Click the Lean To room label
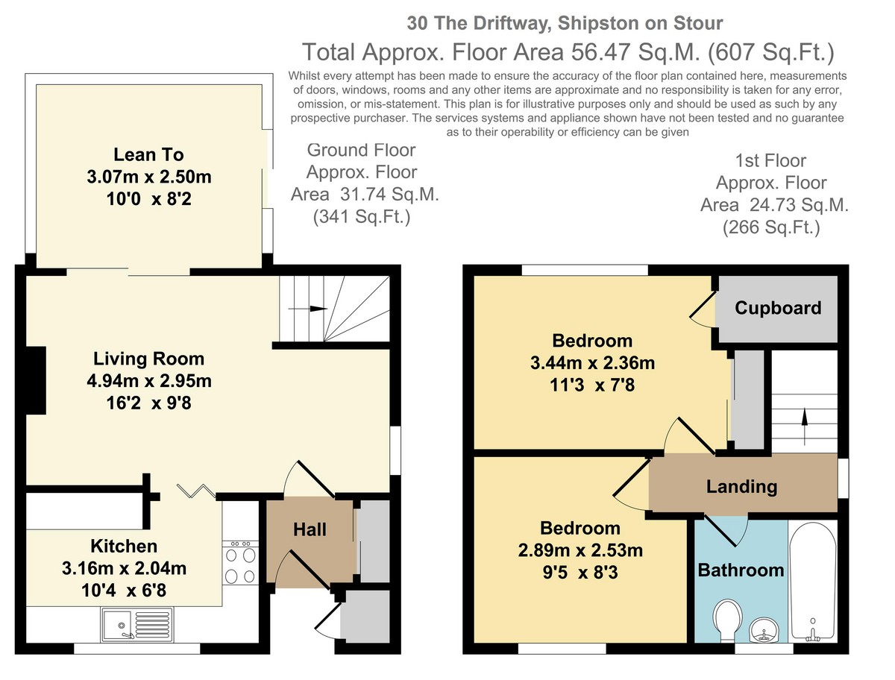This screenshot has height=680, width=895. tap(148, 155)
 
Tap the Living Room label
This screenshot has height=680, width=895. tap(149, 359)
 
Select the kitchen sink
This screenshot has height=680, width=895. tap(137, 625)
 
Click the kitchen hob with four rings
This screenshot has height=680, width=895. tap(240, 563)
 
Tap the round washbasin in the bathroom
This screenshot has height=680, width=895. tap(764, 631)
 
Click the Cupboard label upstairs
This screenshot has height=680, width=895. tap(778, 308)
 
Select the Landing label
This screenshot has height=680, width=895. tap(741, 486)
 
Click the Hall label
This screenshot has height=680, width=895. tap(310, 529)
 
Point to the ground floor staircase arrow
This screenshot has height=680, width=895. tap(307, 309)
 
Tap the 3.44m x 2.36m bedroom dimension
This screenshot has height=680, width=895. tap(592, 362)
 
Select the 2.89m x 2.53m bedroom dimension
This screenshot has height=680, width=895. tap(580, 550)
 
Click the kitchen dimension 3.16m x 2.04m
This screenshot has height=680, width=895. tap(124, 568)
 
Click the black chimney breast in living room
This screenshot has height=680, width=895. tap(36, 380)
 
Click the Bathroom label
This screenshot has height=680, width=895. tap(741, 570)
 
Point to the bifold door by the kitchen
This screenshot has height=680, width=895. tap(196, 491)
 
